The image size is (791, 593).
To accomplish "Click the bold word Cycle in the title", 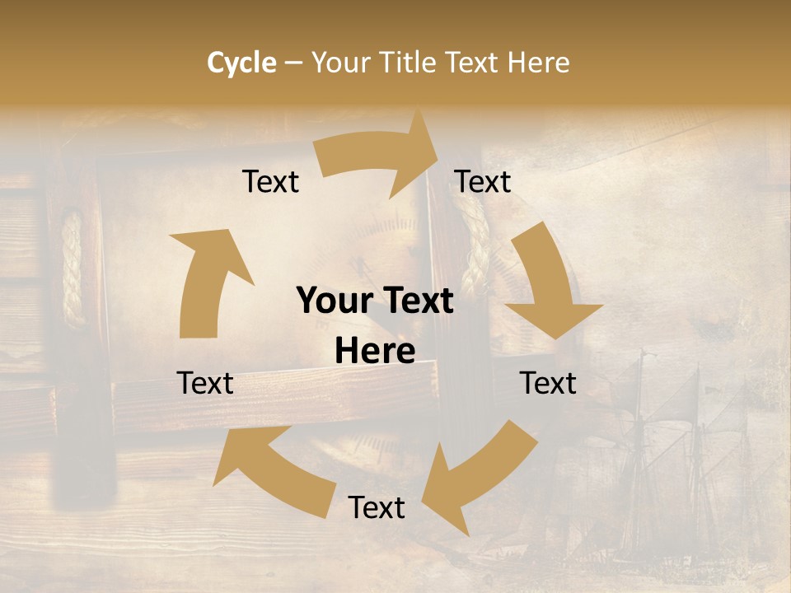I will click(x=241, y=63).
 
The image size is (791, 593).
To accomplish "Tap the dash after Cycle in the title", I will click(x=293, y=63).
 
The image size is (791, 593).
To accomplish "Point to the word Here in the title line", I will click(x=539, y=63).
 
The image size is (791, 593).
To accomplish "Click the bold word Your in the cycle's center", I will click(x=335, y=301).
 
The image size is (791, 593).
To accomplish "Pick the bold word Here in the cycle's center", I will click(x=375, y=352).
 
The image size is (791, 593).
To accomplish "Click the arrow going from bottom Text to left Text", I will click(x=272, y=469).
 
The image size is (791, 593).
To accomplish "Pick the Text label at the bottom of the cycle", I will click(x=377, y=508).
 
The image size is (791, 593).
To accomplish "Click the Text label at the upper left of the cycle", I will click(x=270, y=182).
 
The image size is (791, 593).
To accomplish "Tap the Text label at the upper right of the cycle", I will click(x=483, y=182).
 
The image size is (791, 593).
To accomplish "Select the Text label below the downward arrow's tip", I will click(x=548, y=383).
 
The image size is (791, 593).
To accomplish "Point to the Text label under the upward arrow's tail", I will click(x=205, y=383).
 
